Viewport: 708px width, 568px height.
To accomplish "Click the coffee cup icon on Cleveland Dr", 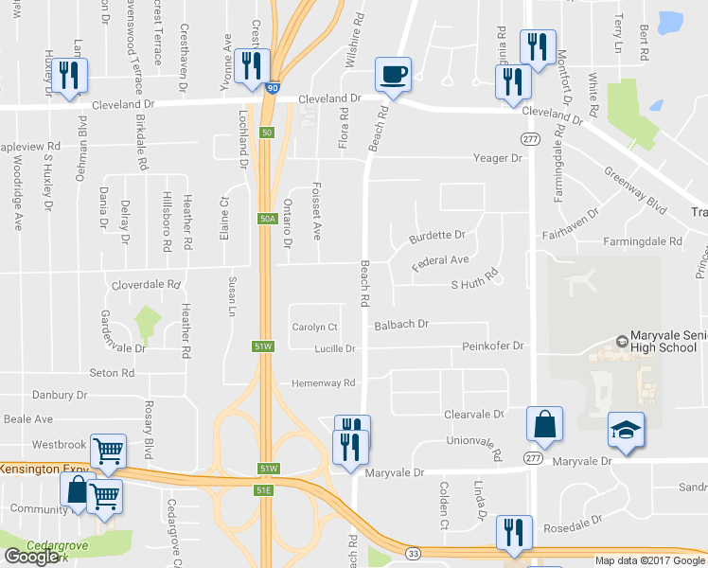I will click(393, 73).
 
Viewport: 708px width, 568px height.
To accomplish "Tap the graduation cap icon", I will click(626, 428).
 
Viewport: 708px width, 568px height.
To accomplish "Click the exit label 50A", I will click(267, 219).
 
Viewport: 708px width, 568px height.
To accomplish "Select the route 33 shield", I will click(414, 553).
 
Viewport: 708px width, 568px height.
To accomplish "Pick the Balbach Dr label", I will click(401, 324).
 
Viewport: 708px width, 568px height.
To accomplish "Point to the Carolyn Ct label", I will click(314, 327).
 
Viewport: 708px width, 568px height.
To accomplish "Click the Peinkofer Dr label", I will click(493, 346).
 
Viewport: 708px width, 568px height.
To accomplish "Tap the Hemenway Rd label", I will click(323, 382).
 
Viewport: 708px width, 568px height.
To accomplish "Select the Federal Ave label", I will click(440, 259).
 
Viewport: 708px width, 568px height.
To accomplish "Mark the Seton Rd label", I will click(112, 373).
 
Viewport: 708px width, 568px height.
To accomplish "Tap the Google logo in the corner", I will click(31, 557).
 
